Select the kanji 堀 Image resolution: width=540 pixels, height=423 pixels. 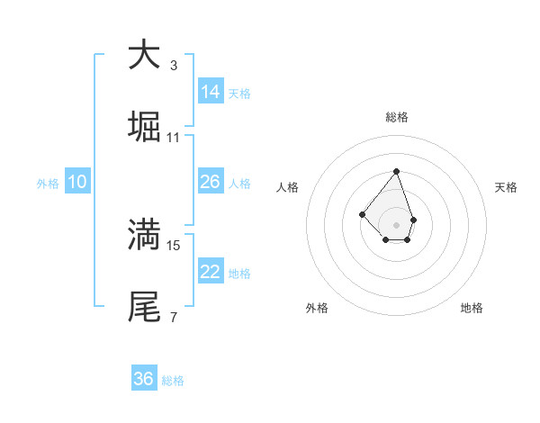[x=144, y=127]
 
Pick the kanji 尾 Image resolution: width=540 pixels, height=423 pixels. [x=144, y=307]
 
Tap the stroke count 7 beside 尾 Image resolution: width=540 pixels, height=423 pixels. [x=173, y=317]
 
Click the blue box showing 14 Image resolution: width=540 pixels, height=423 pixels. [x=211, y=92]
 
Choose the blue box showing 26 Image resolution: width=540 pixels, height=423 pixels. [x=211, y=182]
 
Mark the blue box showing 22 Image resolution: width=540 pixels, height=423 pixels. [x=211, y=272]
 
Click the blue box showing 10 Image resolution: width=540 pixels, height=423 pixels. [x=77, y=182]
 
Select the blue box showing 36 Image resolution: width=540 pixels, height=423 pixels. [x=144, y=379]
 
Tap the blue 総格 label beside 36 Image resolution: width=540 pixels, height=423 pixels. [x=173, y=381]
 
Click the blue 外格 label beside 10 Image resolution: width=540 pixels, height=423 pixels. [x=48, y=184]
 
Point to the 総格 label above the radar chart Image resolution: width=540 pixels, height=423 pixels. [x=396, y=117]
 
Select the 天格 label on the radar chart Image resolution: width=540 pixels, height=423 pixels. [x=506, y=187]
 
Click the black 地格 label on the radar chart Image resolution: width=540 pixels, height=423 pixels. [x=472, y=308]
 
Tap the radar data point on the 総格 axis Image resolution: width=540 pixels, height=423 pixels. [x=396, y=171]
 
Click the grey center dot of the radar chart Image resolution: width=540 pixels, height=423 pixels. [x=396, y=224]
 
